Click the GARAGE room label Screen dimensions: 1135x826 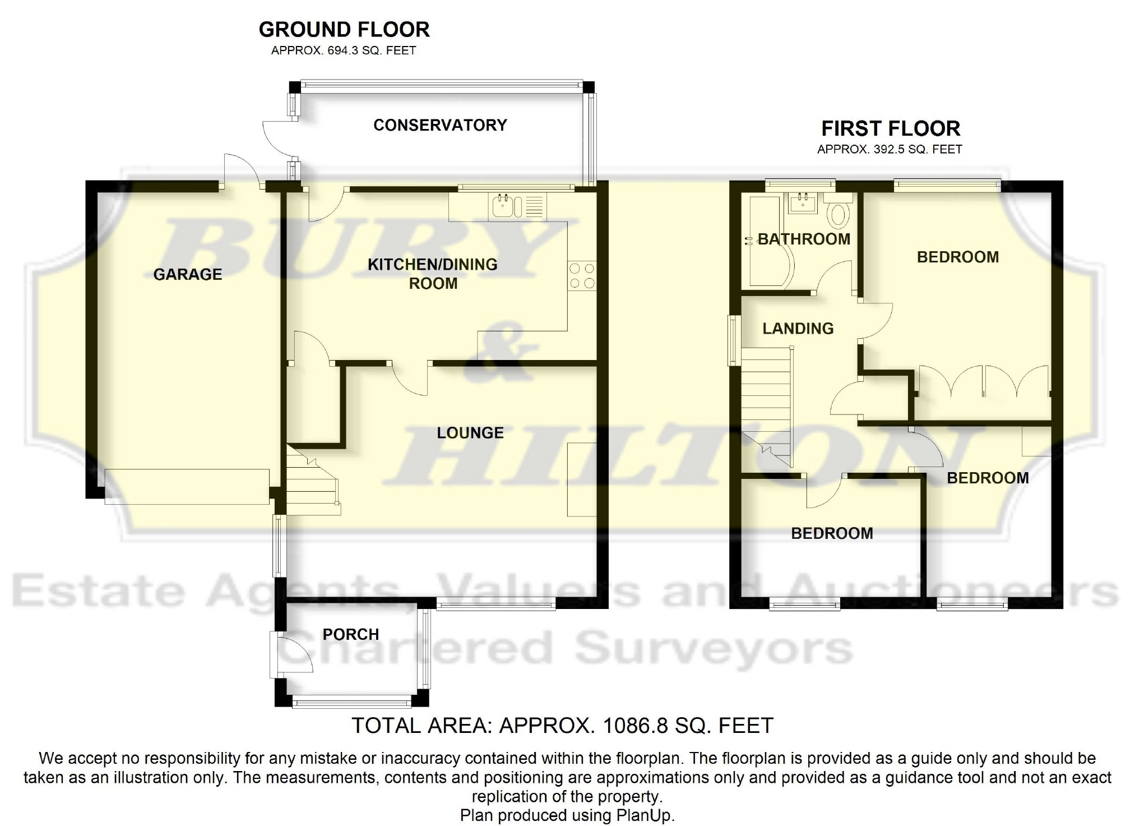tap(188, 274)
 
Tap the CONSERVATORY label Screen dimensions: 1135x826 tap(440, 125)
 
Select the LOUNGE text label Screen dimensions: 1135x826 tap(470, 433)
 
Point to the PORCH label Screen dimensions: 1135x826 tap(351, 634)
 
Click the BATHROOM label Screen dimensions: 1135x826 tap(804, 239)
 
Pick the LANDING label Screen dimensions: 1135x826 tap(798, 329)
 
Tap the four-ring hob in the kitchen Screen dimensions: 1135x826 tap(582, 276)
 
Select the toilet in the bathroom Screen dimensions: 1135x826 tap(839, 211)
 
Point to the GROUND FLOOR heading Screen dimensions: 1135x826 tap(344, 29)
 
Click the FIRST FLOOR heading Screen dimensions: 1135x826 tap(891, 128)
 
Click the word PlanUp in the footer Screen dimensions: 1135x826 tap(645, 815)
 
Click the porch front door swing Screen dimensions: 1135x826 tap(296, 654)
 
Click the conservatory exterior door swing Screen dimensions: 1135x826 tap(278, 138)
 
